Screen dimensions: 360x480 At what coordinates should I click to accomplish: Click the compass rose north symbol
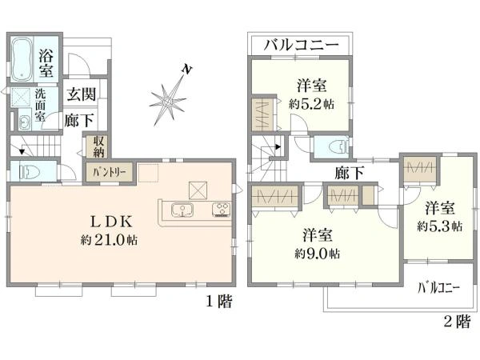169,100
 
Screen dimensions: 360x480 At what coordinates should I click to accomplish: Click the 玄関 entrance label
82,94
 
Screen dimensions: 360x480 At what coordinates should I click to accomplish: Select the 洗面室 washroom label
40,103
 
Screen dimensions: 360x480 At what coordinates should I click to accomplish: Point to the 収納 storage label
98,146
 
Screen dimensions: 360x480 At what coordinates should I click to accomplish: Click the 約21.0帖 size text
110,240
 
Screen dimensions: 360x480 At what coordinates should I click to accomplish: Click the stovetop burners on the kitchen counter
221,211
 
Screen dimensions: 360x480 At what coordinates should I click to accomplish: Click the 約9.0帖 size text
318,254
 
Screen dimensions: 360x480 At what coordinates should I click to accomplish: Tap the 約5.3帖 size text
439,226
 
